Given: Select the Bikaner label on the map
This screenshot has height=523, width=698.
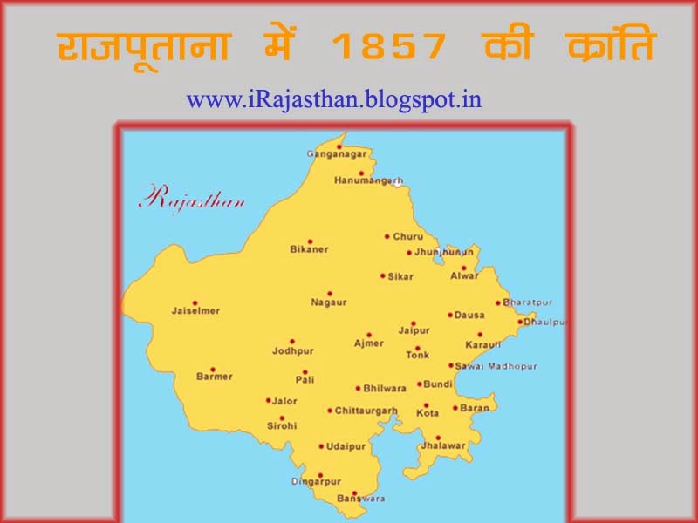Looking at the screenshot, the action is tap(309, 250).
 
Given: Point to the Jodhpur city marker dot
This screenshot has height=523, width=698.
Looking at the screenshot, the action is tap(292, 342).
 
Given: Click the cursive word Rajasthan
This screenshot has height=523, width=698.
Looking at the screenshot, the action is tap(191, 198).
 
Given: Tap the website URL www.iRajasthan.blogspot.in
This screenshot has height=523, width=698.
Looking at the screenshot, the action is tap(333, 99).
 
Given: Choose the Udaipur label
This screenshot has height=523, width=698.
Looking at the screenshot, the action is tap(346, 446).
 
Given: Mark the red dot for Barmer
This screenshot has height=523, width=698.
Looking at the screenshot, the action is tap(212, 369).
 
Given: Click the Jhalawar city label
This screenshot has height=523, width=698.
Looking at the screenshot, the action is tap(443, 446).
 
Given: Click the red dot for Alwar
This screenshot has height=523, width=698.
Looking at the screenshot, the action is tap(464, 268).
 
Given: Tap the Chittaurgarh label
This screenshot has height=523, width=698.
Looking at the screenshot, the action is tap(366, 411).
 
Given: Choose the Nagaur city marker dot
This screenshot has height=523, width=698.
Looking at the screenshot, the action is tap(329, 294).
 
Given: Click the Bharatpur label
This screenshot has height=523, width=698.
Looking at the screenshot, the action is tap(529, 303).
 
